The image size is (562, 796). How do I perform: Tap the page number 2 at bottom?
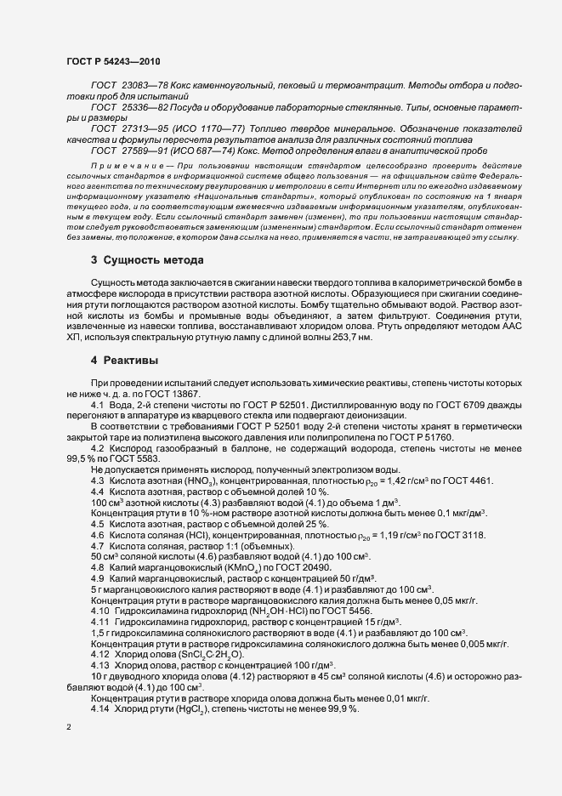[69, 729]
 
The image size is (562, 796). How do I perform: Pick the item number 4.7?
[98, 545]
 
